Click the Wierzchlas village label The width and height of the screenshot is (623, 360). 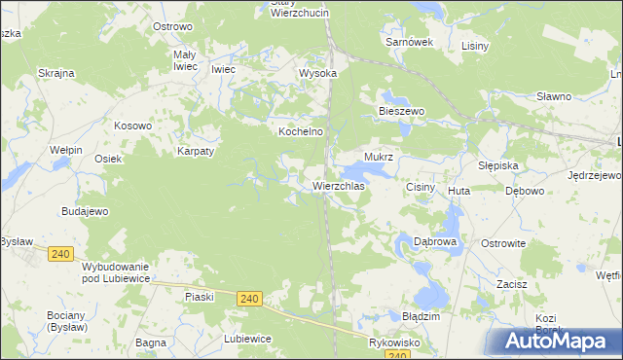click(x=339, y=185)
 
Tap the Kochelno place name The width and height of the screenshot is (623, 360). click(x=301, y=130)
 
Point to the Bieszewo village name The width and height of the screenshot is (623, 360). click(x=402, y=112)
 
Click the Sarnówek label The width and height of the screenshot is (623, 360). click(x=409, y=43)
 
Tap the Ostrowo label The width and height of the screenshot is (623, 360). click(x=172, y=26)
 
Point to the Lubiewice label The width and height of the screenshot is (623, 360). click(x=247, y=339)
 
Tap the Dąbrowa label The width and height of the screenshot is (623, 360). click(x=435, y=240)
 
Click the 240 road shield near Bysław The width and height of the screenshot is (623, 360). click(x=59, y=253)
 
